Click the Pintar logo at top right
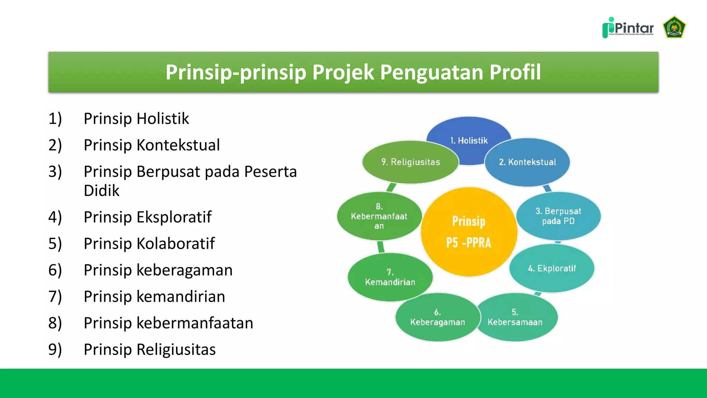point(628,28)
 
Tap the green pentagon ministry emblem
point(674,27)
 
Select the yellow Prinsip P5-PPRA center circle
point(469,232)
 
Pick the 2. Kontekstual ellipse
point(527,162)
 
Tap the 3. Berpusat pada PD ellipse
point(558,216)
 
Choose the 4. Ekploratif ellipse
point(552,268)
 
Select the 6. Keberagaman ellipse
point(437,318)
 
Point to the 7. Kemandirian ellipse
point(390,277)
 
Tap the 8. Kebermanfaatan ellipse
point(379,216)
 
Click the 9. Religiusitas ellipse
point(410,162)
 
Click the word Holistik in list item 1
point(163,119)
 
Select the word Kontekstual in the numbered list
point(178,145)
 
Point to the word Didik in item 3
point(101,191)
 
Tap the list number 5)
point(55,244)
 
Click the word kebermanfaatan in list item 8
point(195,323)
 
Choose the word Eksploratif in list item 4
point(174,217)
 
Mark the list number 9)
point(55,349)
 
